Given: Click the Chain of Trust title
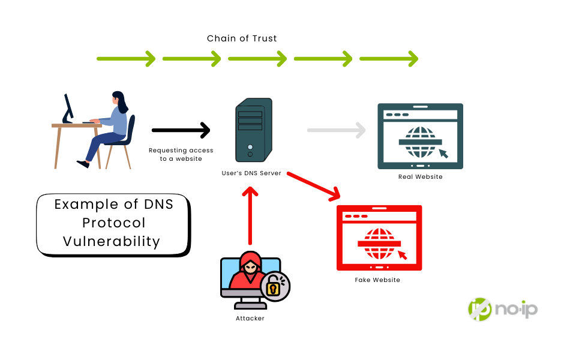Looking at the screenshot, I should (242, 38).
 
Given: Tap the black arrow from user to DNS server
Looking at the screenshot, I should (181, 130).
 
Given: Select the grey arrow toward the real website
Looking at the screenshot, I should (336, 130).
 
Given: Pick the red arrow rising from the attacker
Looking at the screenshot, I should (250, 216).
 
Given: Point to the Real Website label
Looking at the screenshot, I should (420, 177).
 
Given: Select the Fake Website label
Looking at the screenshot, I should (377, 280).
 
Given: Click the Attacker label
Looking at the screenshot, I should (250, 318).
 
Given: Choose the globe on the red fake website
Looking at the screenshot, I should (379, 243).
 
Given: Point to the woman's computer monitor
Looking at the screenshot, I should (68, 108).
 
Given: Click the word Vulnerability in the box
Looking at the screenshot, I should (112, 241).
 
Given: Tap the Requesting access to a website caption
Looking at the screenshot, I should (181, 154).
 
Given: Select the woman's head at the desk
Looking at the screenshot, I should (118, 100).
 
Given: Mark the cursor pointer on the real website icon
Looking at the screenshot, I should (443, 153).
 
